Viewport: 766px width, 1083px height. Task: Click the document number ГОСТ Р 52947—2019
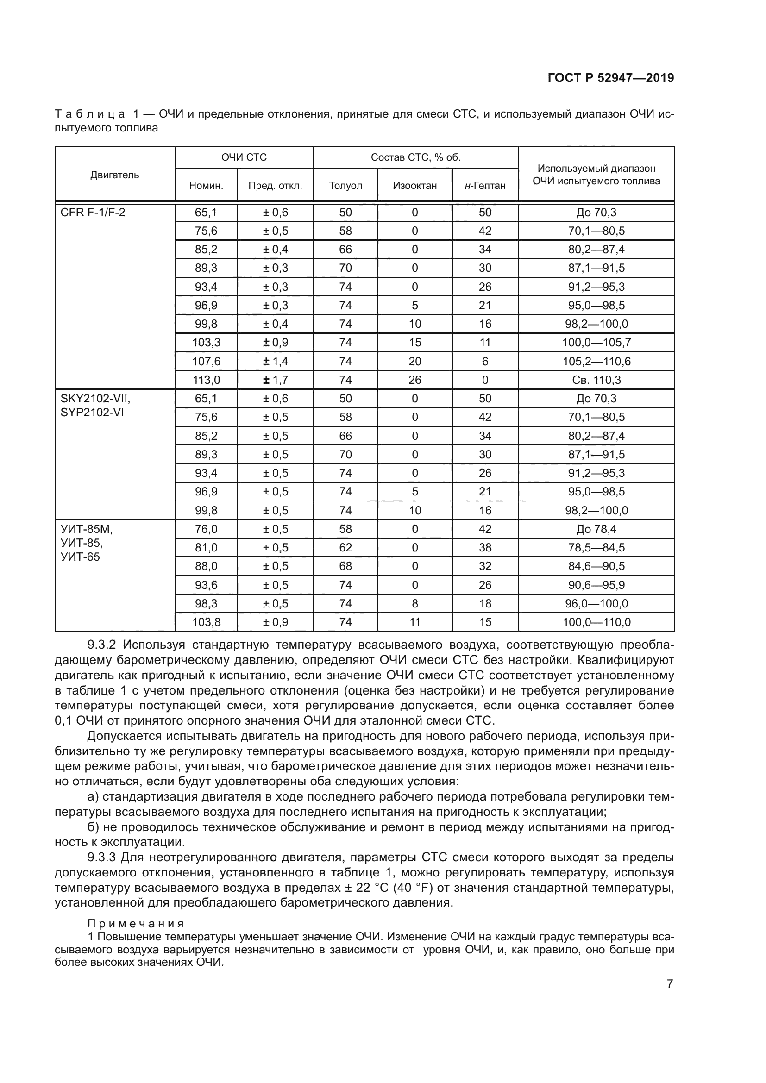611,78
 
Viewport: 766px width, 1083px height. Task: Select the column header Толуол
345,185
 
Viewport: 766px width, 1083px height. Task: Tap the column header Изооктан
414,185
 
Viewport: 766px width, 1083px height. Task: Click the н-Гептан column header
485,186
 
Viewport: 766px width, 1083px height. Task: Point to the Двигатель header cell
114,175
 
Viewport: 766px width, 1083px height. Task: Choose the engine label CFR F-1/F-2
93,212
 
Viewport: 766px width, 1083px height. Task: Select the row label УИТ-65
80,557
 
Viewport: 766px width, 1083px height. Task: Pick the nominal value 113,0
206,380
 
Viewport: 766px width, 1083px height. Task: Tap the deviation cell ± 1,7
275,380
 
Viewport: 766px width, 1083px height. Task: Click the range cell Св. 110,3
596,380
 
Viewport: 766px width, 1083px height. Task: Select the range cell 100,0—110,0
596,622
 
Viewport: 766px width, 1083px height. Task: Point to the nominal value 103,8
206,622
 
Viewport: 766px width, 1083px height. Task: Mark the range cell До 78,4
596,529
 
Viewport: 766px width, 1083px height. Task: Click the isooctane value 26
414,380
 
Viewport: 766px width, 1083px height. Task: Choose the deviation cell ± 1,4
275,361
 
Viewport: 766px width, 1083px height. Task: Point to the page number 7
670,984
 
